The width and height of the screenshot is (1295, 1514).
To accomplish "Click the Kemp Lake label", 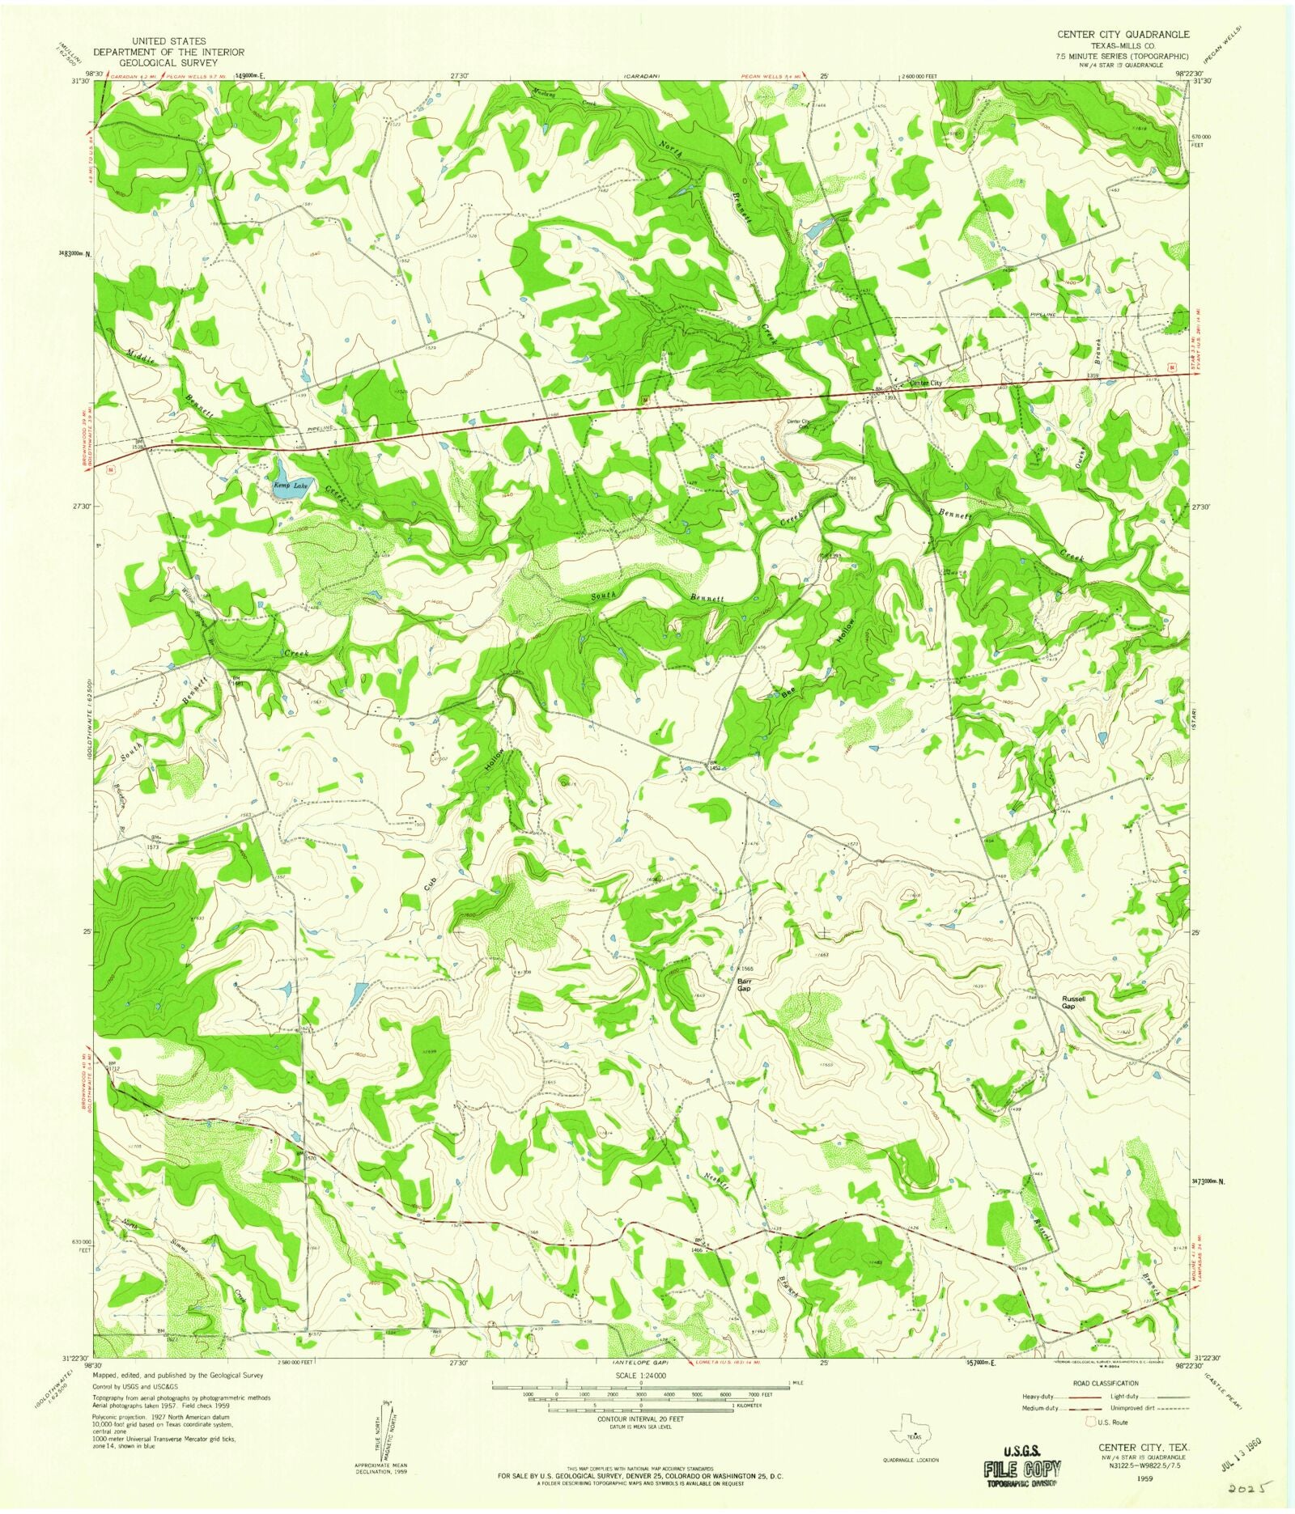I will (290, 486).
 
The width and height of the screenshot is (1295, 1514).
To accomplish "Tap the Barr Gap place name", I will (745, 985).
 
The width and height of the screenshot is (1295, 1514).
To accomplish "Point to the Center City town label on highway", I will (926, 383).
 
